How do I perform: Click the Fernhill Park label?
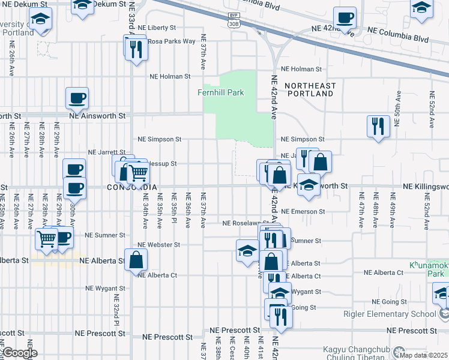coord(221,92)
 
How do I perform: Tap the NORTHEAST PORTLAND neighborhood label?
coord(310,90)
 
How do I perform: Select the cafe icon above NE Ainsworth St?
coord(76,97)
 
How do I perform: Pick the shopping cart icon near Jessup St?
coord(139,173)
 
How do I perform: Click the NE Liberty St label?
coord(156,28)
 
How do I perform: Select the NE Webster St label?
coord(158,245)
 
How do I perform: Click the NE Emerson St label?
coord(303,212)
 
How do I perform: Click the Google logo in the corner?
coord(20,353)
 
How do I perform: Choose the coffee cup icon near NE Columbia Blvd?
coord(345,18)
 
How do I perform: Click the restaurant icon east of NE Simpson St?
coord(378,126)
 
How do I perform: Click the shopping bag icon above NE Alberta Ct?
coord(136,260)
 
